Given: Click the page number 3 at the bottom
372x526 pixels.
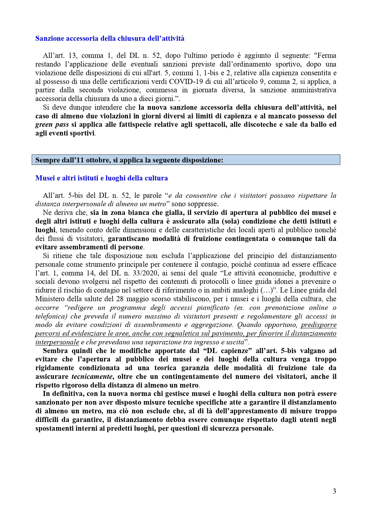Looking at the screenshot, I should tap(334, 491).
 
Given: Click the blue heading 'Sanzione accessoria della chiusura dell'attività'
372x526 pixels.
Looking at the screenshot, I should tap(110, 38).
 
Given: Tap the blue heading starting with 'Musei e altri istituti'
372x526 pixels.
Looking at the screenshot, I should tap(101, 178).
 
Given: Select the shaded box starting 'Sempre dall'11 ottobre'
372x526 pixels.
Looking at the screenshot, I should tap(186, 160).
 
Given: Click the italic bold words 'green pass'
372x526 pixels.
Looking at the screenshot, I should tap(52, 125).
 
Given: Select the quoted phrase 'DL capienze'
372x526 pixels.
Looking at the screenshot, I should tap(227, 351).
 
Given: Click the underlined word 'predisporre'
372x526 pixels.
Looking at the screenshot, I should tap(318, 325).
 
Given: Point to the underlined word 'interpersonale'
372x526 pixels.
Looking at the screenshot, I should tap(57, 342).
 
